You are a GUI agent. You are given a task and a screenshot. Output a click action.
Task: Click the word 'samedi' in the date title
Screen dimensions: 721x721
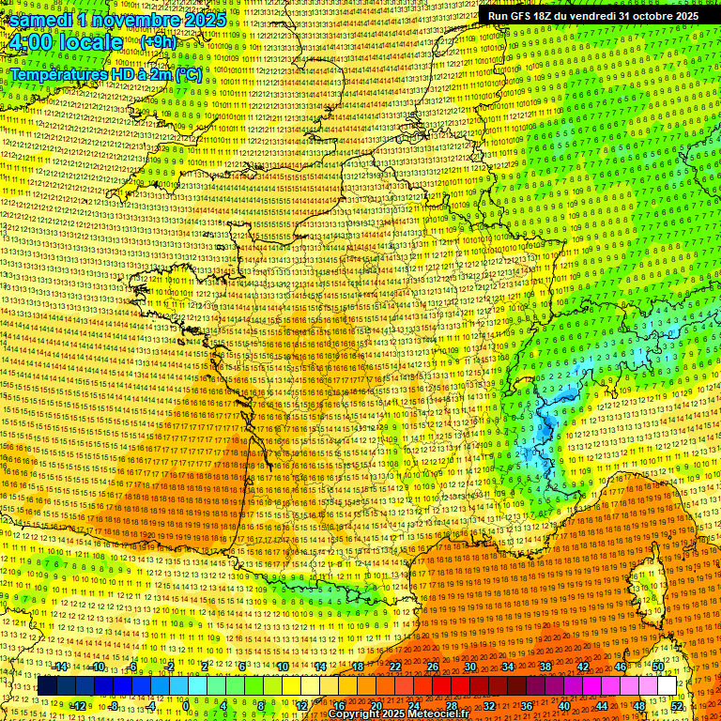click(x=41, y=20)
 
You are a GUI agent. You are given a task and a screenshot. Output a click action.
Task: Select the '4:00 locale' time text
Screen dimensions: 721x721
click(x=65, y=42)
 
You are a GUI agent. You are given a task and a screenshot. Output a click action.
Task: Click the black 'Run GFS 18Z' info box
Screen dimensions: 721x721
click(x=592, y=16)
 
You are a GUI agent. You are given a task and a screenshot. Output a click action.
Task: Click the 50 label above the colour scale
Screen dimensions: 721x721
click(x=658, y=667)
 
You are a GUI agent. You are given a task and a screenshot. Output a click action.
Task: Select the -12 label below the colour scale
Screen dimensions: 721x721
click(x=79, y=705)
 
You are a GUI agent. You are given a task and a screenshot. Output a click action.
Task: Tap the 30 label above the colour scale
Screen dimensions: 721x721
click(x=470, y=667)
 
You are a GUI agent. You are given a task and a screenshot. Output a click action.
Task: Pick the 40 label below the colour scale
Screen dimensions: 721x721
click(x=563, y=705)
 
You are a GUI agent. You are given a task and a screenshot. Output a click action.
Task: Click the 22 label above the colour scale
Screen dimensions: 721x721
click(x=395, y=667)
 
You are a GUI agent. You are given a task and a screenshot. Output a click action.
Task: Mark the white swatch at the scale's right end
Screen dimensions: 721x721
click(x=667, y=686)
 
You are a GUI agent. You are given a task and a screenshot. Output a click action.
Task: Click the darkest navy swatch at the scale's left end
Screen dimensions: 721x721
click(x=47, y=686)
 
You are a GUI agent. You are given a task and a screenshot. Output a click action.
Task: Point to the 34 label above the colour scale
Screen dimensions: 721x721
click(x=508, y=667)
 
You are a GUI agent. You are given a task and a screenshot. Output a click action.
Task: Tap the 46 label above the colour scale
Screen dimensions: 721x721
click(x=621, y=667)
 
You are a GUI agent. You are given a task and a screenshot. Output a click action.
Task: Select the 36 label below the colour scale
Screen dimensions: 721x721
click(x=526, y=705)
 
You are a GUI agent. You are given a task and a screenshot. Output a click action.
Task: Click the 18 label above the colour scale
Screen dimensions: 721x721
click(x=358, y=667)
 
